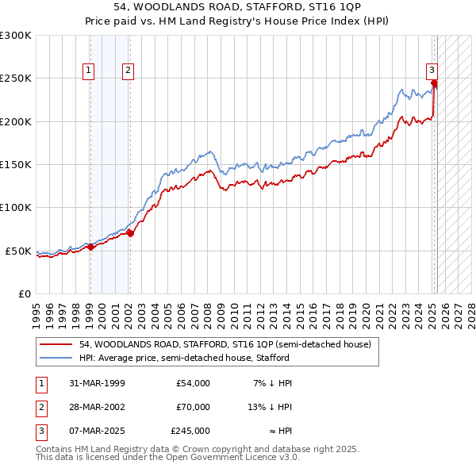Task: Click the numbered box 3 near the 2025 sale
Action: coord(432,69)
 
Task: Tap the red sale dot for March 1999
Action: coord(90,247)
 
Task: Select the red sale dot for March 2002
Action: coord(130,233)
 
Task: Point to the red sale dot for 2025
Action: coord(435,82)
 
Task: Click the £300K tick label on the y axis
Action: coord(16,36)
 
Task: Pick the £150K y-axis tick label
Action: coord(16,164)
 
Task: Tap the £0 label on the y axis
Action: coord(24,293)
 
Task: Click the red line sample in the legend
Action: coord(56,345)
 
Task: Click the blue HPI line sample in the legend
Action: coord(56,359)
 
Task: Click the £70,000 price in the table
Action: coord(193,407)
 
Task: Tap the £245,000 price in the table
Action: coord(190,431)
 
